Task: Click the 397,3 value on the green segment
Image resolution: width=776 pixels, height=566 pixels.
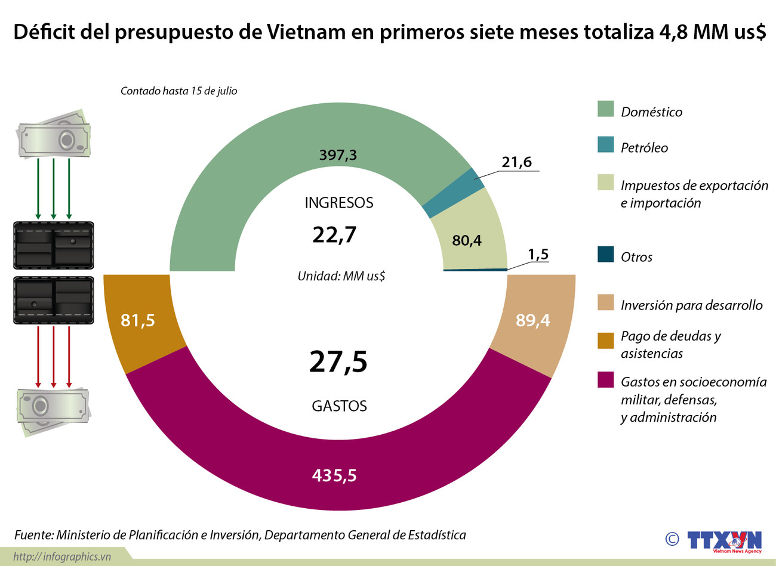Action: tap(338, 155)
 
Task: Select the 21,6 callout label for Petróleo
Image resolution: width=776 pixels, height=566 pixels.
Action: tap(516, 162)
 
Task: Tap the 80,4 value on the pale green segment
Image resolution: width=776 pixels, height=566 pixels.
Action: tap(467, 240)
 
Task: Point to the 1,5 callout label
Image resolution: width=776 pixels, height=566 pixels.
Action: tap(537, 255)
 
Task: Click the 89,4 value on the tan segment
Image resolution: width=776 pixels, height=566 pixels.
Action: tap(532, 321)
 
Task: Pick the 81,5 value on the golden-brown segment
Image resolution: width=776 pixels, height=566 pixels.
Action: tap(138, 321)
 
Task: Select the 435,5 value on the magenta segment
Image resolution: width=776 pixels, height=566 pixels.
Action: tap(334, 475)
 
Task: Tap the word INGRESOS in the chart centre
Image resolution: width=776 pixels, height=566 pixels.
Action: tap(338, 203)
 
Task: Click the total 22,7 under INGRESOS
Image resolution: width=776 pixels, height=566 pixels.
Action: tap(334, 235)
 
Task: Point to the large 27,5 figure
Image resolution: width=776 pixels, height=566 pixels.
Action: tap(338, 362)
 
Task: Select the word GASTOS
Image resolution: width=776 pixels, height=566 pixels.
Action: tap(339, 406)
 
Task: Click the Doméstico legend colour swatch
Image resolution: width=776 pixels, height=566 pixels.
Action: tap(605, 109)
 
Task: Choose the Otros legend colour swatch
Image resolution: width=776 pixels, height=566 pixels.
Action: tap(605, 255)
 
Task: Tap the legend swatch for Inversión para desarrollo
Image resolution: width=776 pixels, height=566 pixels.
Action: tap(605, 302)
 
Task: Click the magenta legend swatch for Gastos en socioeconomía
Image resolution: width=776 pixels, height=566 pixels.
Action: tap(605, 380)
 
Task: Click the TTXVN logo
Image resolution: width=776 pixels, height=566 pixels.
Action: tap(723, 540)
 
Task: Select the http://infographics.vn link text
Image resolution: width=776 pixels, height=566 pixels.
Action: tap(62, 556)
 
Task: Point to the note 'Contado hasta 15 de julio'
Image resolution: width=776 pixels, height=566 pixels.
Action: tap(178, 91)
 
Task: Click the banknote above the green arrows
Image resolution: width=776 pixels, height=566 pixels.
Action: tap(54, 135)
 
